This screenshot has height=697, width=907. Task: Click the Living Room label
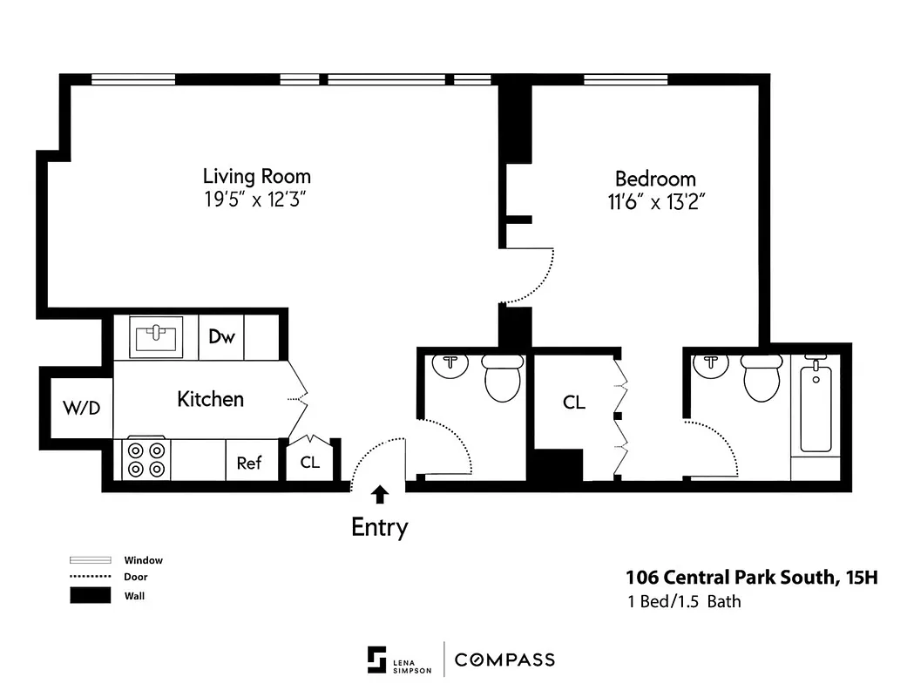256,176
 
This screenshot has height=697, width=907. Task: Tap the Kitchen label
210,399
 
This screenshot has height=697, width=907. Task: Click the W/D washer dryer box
80,407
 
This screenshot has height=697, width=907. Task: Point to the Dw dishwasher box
221,337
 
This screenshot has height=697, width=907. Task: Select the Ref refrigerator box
248,463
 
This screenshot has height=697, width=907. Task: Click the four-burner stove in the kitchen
146,459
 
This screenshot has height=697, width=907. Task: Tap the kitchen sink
157,336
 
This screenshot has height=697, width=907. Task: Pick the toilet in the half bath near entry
502,378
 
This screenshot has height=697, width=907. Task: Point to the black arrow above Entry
379,496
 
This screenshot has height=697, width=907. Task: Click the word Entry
379,527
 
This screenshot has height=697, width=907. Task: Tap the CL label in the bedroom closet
574,403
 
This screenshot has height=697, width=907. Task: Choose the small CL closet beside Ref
310,462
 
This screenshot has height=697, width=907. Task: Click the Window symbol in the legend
91,560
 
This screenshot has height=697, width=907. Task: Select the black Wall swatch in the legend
91,596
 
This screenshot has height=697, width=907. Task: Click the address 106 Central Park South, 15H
745,577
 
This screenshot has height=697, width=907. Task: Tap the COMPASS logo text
504,660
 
